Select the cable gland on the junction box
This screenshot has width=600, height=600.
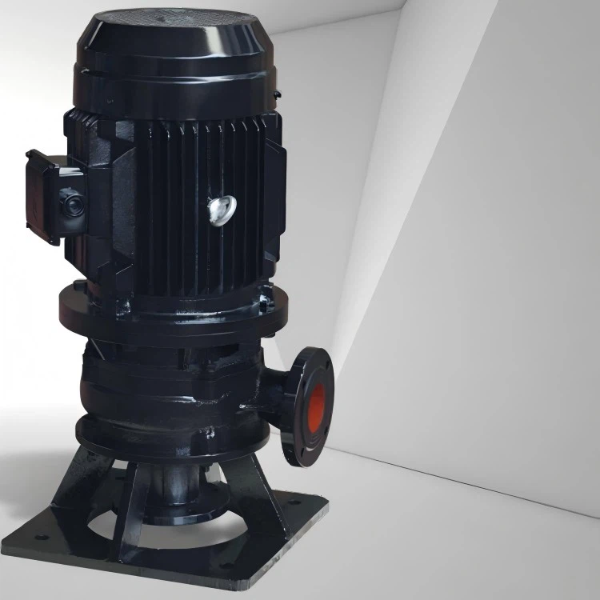73,205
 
